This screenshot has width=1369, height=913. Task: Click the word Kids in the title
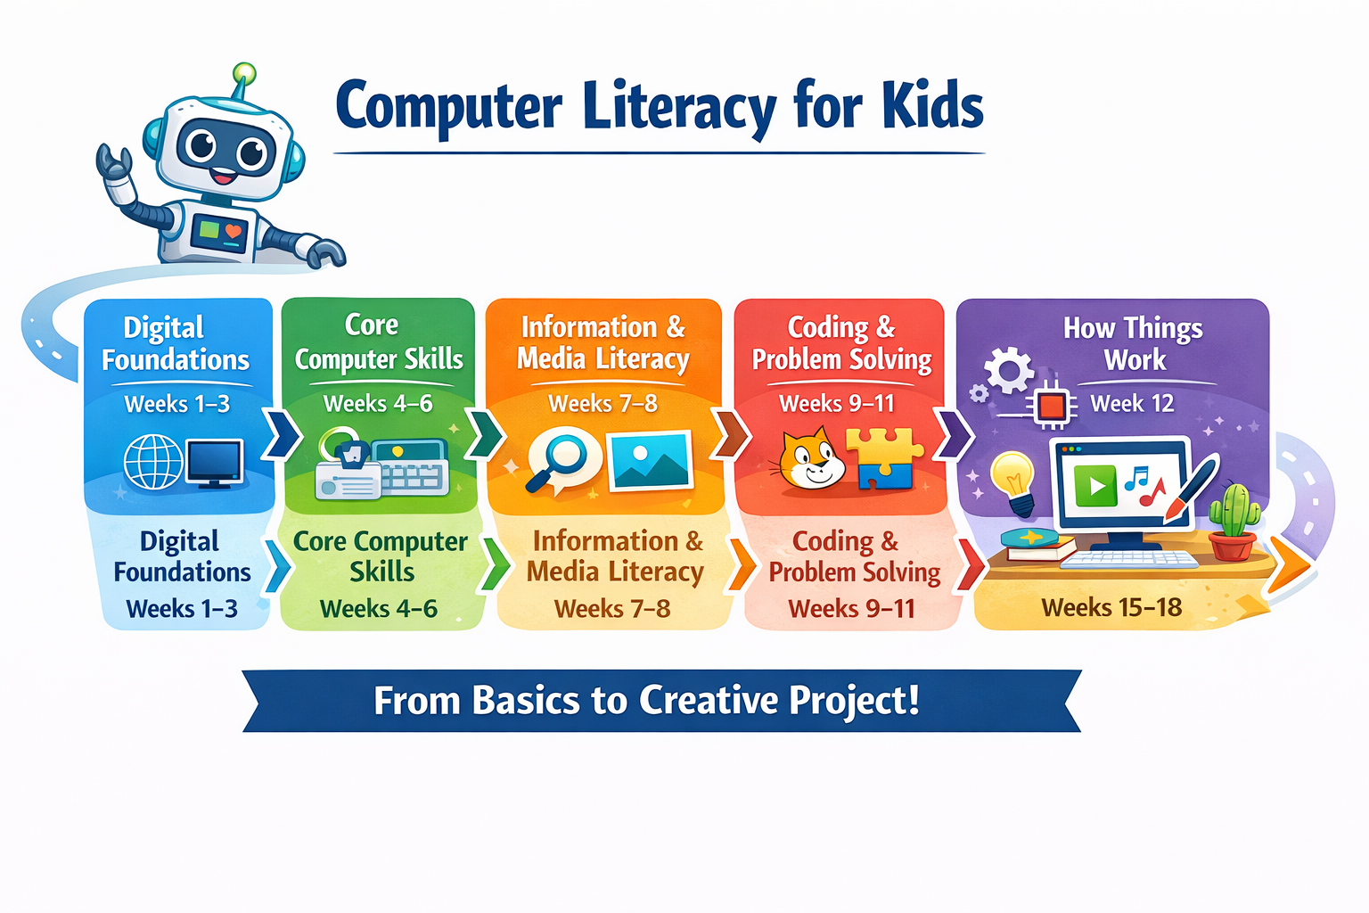coord(932,105)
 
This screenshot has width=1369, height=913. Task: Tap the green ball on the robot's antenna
coord(243,74)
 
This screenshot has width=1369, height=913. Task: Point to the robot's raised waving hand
coord(115,169)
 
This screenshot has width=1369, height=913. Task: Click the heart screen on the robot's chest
coord(221,232)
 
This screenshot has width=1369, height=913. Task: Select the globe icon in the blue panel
coord(152,462)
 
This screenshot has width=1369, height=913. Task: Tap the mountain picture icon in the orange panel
coord(651,461)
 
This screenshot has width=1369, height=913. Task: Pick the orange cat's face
coord(810,460)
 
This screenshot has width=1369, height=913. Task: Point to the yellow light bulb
coord(1012,476)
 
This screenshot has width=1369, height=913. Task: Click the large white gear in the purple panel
coord(1009,369)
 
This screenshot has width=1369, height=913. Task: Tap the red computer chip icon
coord(1053,407)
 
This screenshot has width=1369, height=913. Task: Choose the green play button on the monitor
coord(1095,486)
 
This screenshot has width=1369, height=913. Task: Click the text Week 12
coord(1132,404)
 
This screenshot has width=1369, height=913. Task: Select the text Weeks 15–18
coord(1111,608)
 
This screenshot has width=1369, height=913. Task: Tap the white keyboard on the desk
coord(1129,560)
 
